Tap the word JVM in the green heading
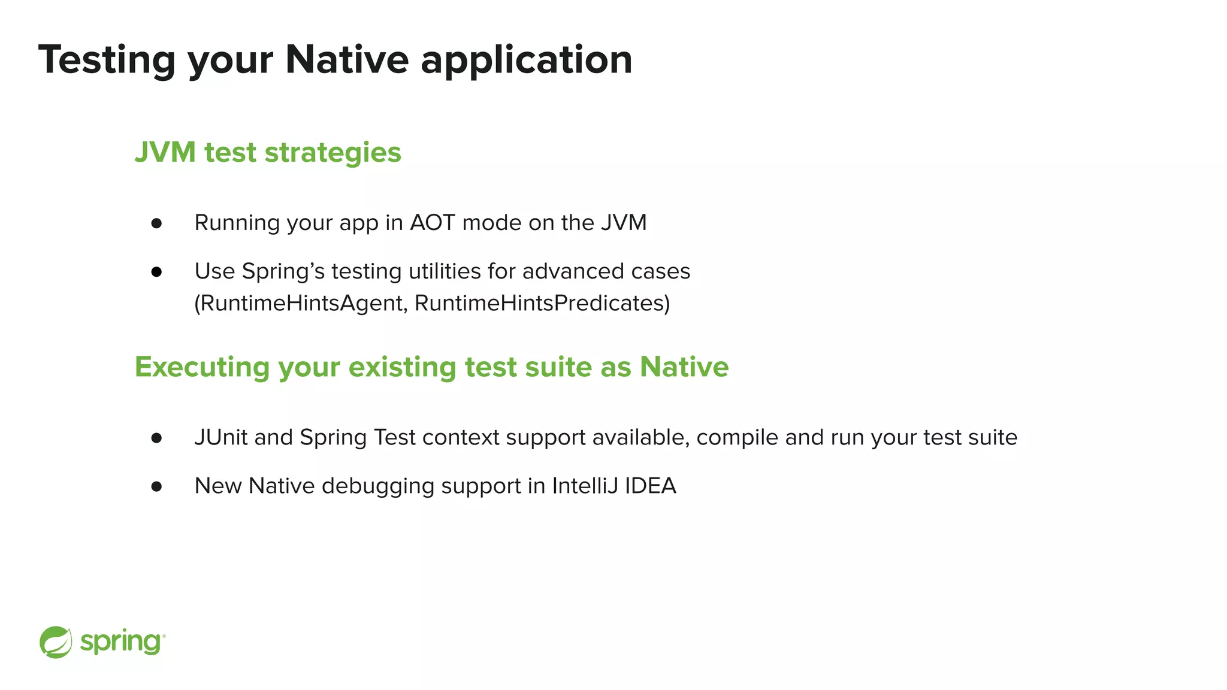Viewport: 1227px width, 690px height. [x=165, y=152]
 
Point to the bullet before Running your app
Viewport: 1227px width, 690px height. [x=157, y=223]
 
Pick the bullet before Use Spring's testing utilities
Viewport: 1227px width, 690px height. [x=157, y=272]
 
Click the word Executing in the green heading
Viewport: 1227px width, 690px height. [x=202, y=367]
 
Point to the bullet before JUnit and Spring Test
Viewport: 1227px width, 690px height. [x=157, y=438]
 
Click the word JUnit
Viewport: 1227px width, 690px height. [x=220, y=438]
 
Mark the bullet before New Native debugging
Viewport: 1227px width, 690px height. [x=157, y=486]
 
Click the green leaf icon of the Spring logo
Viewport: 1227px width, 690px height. [x=56, y=642]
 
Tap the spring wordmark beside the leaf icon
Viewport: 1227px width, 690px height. [x=121, y=643]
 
